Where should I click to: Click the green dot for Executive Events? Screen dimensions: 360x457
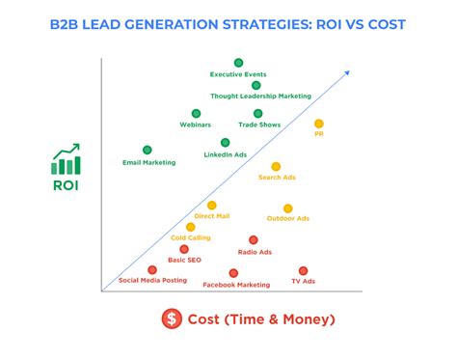238,63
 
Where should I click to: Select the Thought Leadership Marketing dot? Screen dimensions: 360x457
256,85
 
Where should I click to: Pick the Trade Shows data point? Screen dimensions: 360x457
258,113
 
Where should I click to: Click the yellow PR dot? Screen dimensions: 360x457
318,124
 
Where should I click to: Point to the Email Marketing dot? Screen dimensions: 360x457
148,150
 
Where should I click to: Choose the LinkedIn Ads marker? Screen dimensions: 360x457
225,143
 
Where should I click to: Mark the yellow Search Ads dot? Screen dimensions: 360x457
276,166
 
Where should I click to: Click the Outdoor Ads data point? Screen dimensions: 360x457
287,208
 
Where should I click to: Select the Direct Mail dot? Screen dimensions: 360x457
211,205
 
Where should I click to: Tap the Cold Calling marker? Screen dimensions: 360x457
191,227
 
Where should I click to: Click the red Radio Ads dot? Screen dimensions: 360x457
254,240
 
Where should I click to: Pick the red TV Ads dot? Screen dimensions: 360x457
303,270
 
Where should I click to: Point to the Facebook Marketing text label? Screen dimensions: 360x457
236,285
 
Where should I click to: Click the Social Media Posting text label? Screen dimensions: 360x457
152,281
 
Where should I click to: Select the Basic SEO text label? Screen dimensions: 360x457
184,260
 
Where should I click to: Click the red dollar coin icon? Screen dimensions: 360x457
172,318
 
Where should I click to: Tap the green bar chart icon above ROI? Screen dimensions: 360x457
67,159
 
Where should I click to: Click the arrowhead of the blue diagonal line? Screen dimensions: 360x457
346,70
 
